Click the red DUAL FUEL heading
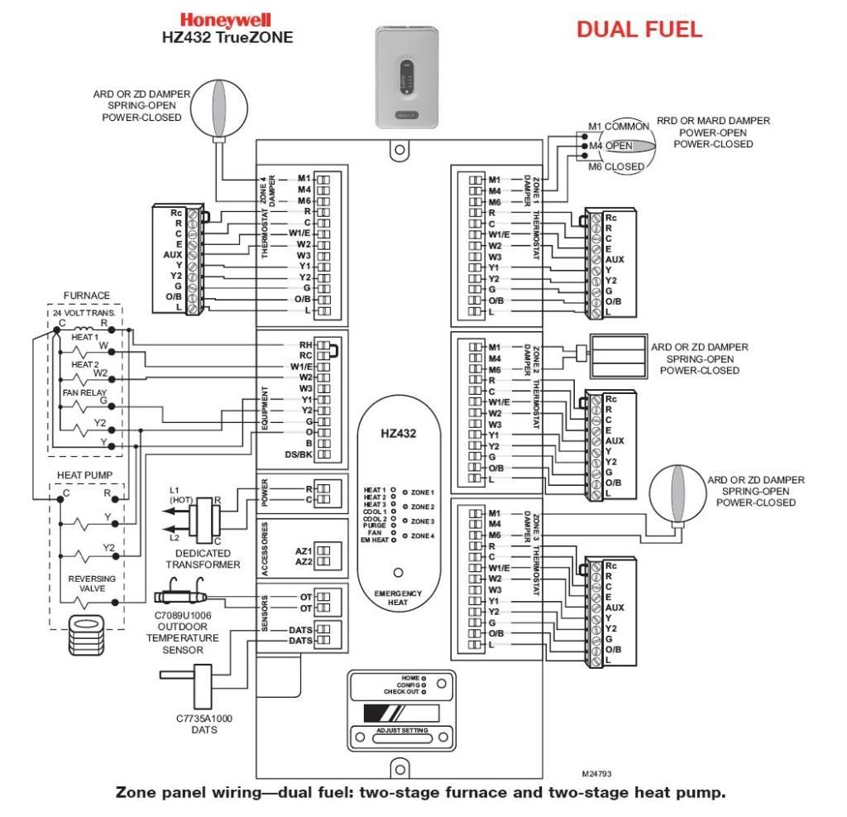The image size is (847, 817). point(639,30)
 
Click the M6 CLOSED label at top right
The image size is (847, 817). point(612,166)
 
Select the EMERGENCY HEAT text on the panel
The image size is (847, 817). point(397,598)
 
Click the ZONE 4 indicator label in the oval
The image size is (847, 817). point(422,536)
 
